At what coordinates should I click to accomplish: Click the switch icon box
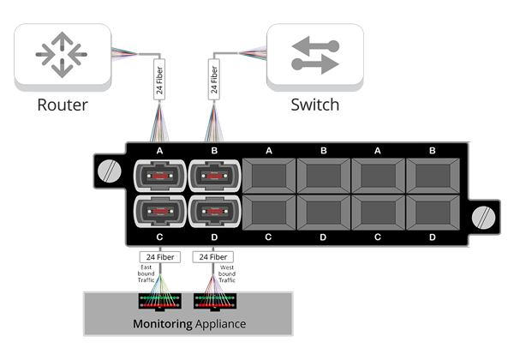[314, 56]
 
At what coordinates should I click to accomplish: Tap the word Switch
[314, 105]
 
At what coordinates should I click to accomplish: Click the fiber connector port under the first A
[160, 175]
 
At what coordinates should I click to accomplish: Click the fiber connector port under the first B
[214, 175]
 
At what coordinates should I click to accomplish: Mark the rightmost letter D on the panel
[432, 237]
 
